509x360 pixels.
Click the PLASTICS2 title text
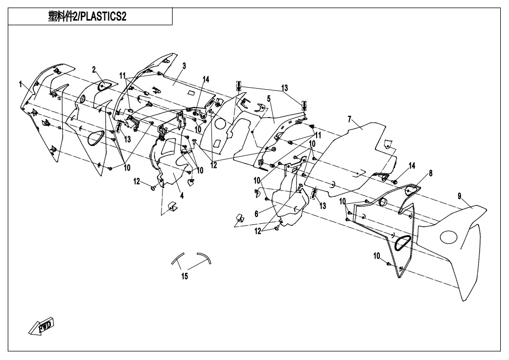click(87, 17)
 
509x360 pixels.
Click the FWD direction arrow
click(41, 326)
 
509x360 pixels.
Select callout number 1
click(21, 84)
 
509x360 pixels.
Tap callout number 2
click(94, 70)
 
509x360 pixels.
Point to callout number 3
click(185, 66)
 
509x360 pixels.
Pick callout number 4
click(182, 195)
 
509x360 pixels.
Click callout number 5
click(269, 98)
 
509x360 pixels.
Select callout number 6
click(256, 214)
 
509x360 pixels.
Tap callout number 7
click(349, 119)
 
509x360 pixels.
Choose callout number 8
click(431, 173)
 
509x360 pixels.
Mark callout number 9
click(460, 196)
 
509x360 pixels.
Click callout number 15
click(185, 277)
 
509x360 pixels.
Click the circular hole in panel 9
click(449, 237)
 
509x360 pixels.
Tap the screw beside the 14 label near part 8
click(395, 182)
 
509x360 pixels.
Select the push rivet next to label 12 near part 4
click(153, 188)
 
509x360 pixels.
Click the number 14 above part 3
click(206, 79)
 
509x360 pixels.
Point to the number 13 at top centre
click(284, 88)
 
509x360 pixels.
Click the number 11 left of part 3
click(122, 76)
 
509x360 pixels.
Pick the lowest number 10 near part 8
click(376, 256)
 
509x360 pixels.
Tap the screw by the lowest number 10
click(388, 264)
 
